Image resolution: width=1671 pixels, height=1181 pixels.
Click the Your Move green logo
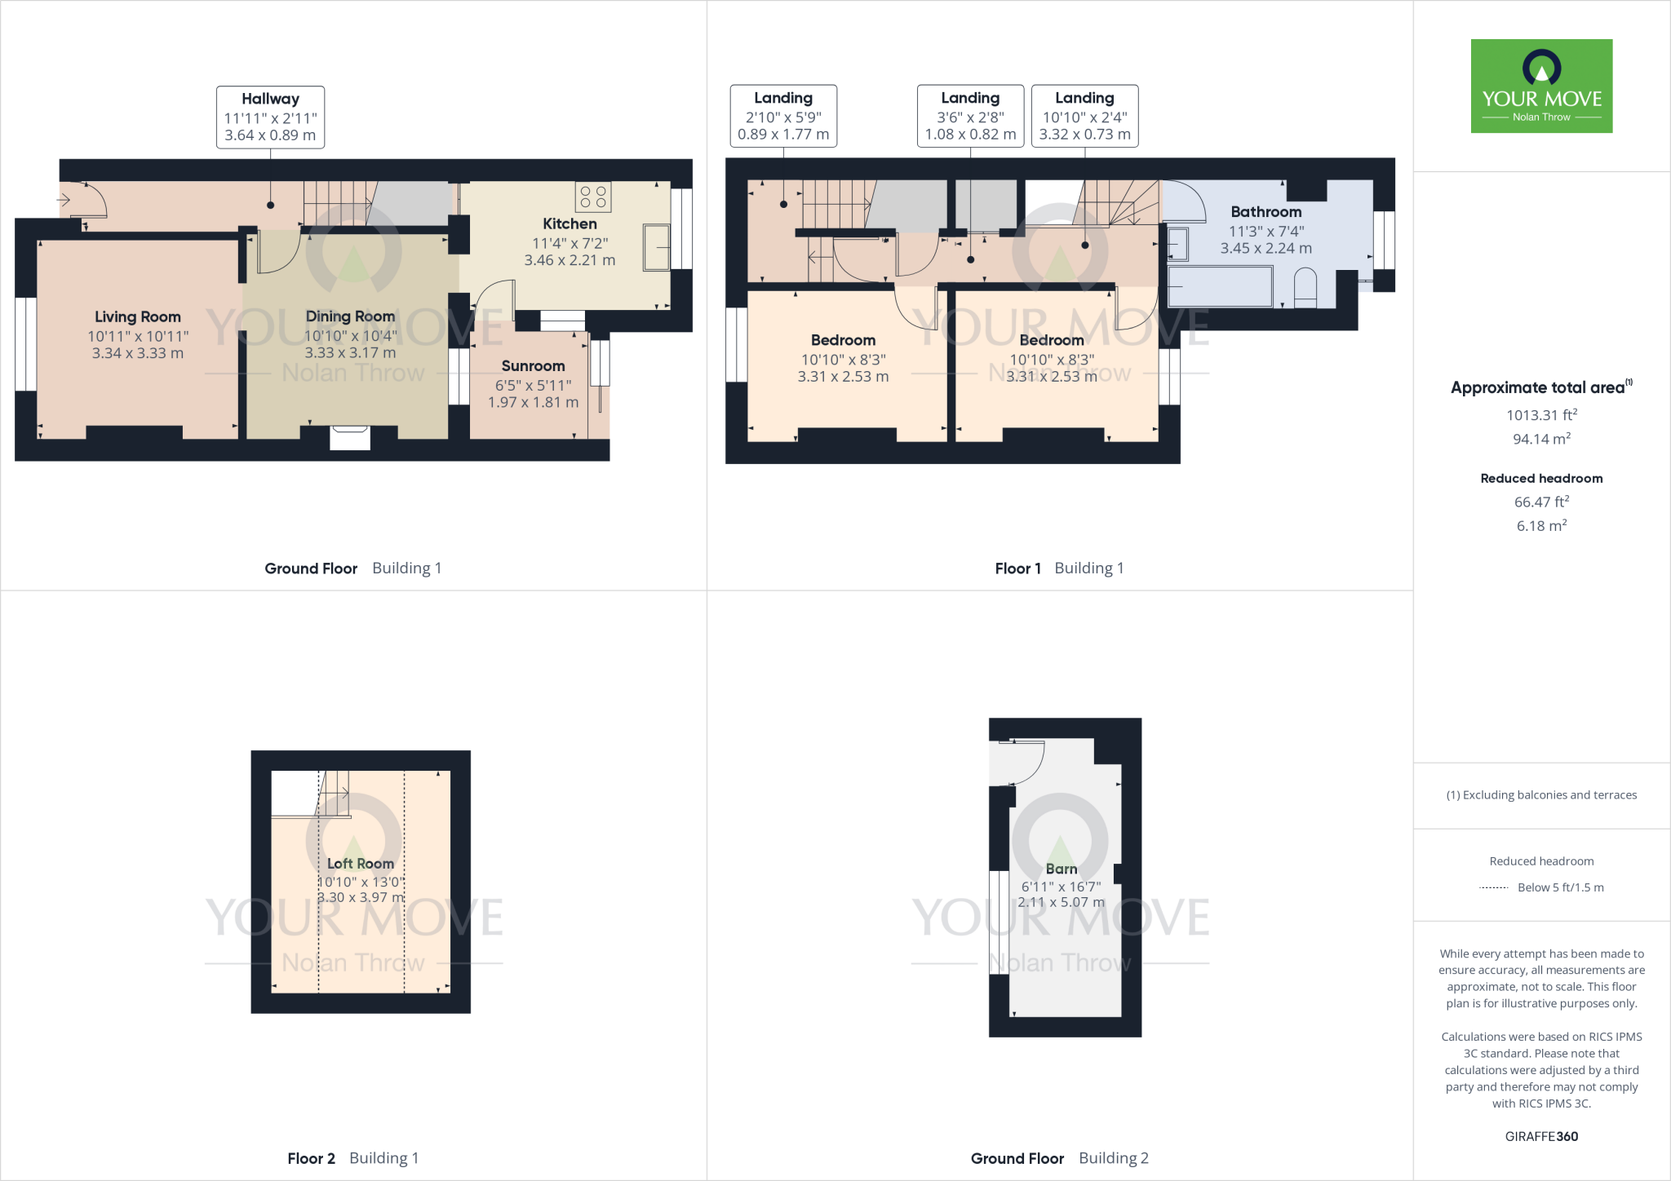coord(1541,86)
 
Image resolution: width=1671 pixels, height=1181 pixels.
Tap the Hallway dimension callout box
coord(270,117)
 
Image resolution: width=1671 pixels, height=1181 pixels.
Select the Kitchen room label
coord(570,223)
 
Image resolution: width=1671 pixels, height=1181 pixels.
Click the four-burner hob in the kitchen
coord(593,197)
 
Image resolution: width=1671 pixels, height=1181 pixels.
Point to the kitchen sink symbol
coord(656,246)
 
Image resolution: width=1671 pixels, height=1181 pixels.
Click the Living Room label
coord(138,316)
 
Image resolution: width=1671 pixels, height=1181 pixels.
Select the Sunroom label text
coord(533,366)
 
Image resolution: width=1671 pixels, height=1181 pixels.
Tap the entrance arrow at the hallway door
coord(64,199)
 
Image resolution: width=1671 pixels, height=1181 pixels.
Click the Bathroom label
coord(1265,212)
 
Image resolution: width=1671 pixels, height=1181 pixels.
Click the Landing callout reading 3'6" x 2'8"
coord(970,116)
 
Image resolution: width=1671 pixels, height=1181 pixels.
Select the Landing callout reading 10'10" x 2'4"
coord(1084,116)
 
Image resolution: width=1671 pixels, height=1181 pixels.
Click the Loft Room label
coord(360,863)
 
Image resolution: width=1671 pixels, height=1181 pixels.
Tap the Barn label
coord(1061,869)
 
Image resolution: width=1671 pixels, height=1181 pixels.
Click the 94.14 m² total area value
coord(1541,439)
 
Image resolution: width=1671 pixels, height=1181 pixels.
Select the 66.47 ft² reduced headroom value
coord(1541,502)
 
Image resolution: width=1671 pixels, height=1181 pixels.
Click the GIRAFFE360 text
coord(1541,1136)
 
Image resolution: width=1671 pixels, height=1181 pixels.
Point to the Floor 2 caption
coord(311,1158)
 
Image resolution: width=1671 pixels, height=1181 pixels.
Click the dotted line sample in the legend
coord(1494,887)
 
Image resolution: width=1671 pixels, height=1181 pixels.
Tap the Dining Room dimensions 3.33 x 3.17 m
coord(350,353)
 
